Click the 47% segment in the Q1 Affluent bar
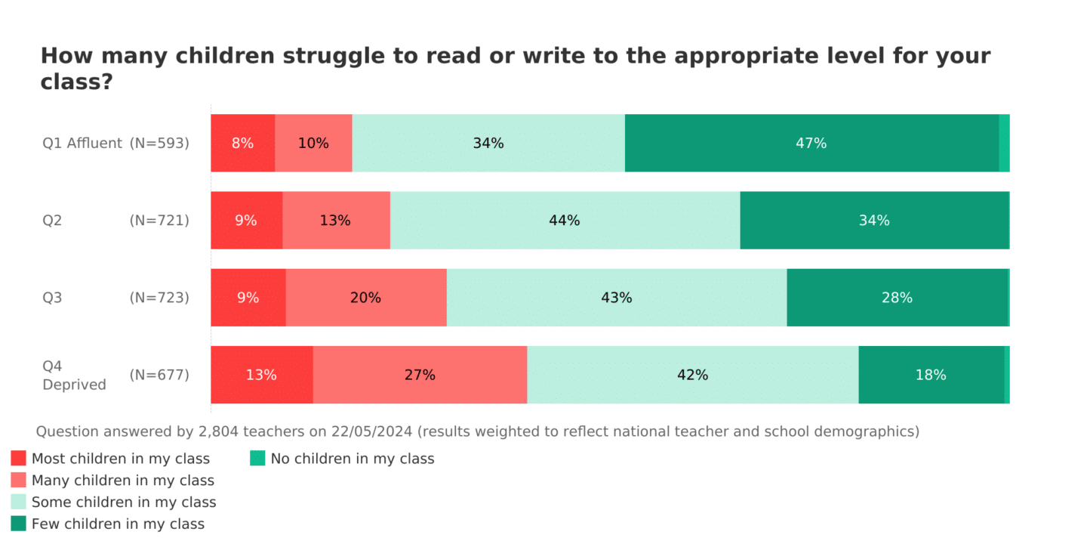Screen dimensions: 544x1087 [x=811, y=143]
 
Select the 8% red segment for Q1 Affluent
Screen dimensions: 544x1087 [x=242, y=143]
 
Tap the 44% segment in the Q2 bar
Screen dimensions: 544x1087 [x=565, y=220]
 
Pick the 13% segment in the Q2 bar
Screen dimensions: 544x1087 [x=335, y=220]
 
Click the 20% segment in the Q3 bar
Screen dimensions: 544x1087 [x=365, y=298]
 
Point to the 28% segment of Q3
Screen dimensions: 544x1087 [x=897, y=298]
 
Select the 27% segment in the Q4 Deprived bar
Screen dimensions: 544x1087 [x=420, y=375]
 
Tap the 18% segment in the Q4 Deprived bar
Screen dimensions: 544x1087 [x=931, y=375]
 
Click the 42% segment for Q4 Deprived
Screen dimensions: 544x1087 [x=692, y=375]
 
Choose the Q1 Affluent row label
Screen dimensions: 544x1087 [x=82, y=143]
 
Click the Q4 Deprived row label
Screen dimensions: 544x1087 [x=74, y=376]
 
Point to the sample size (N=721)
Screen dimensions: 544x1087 [x=159, y=221]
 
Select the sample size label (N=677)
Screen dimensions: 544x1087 [x=159, y=375]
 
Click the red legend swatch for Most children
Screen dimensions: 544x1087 [x=19, y=459]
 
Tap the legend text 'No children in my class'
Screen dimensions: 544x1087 [x=353, y=459]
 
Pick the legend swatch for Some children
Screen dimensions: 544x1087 [x=19, y=502]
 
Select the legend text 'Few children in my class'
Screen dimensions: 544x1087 [x=118, y=524]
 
